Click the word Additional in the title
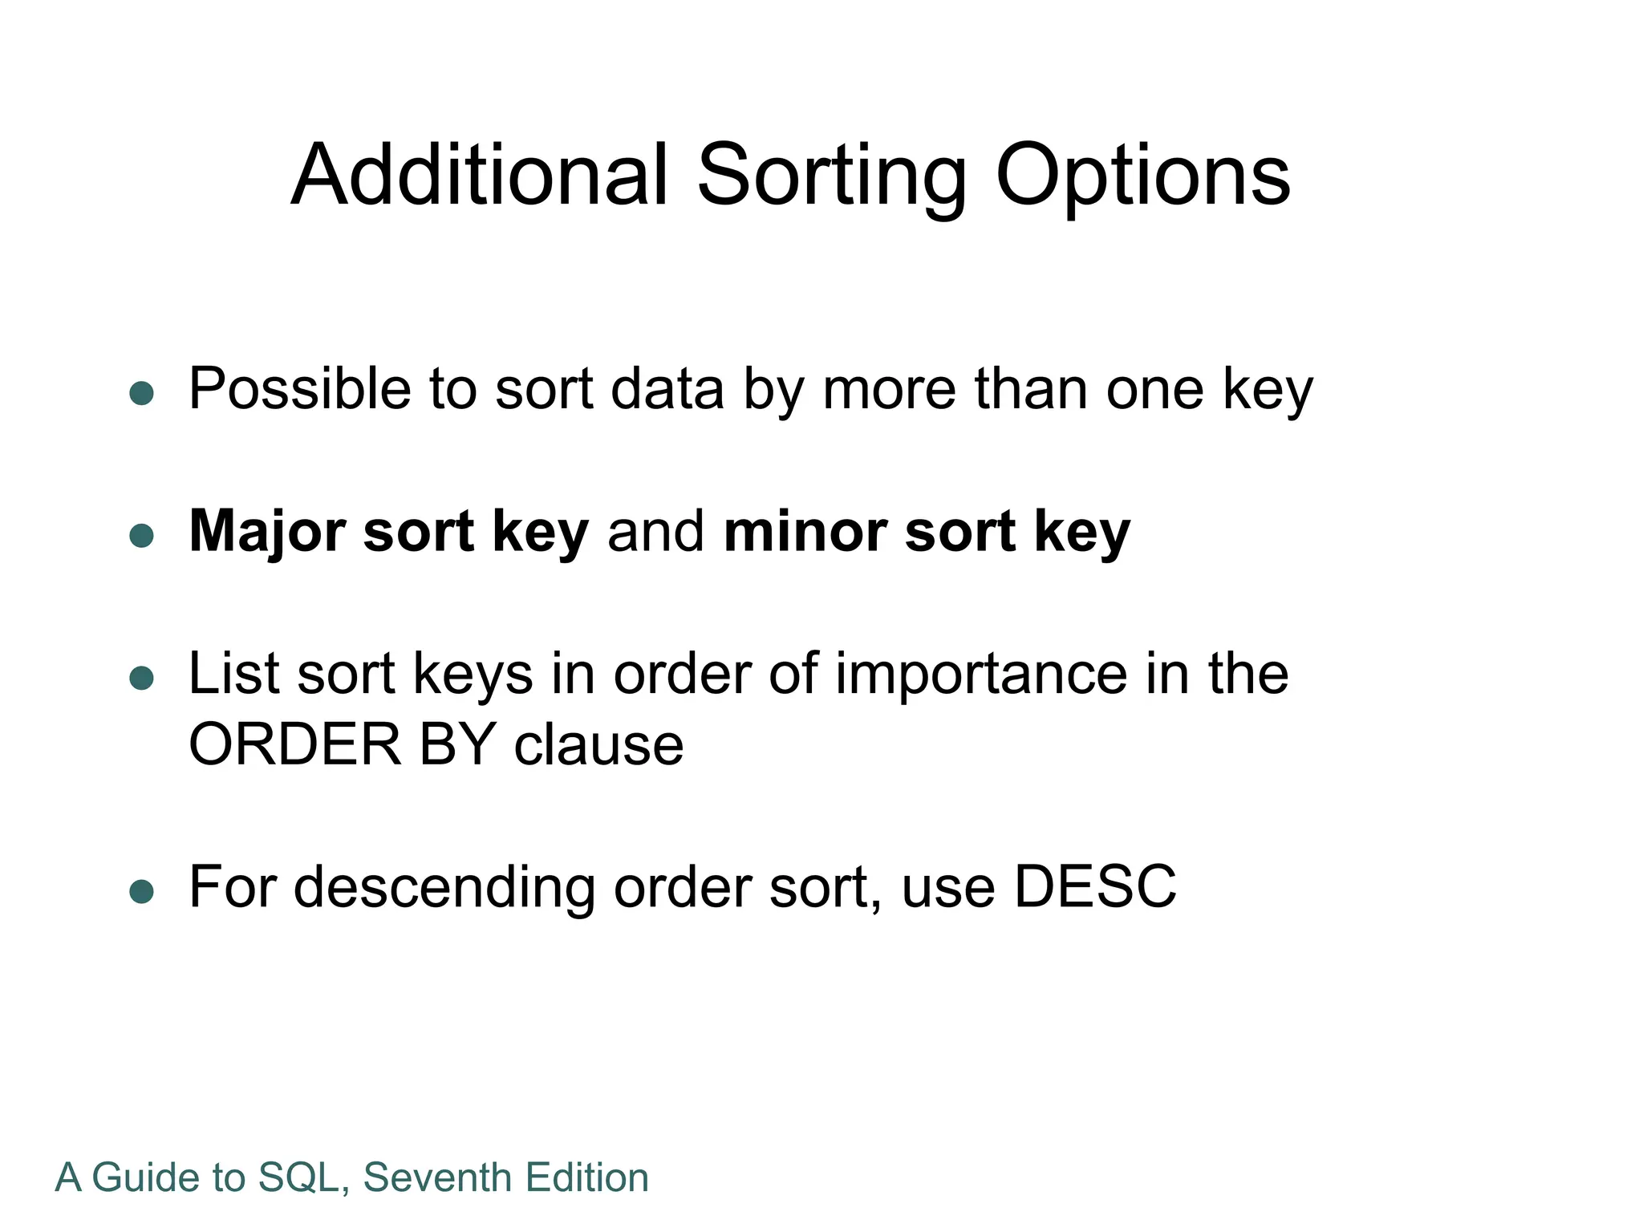click(x=479, y=176)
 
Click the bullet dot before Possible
click(x=142, y=393)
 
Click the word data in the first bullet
click(x=667, y=389)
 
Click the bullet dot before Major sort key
click(x=142, y=536)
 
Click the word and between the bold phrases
click(x=655, y=532)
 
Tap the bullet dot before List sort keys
click(x=142, y=678)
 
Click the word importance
click(x=981, y=675)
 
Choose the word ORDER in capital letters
click(x=294, y=745)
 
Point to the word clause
click(x=598, y=745)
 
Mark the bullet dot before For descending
click(x=142, y=891)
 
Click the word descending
click(x=444, y=889)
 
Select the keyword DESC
click(x=1094, y=887)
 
